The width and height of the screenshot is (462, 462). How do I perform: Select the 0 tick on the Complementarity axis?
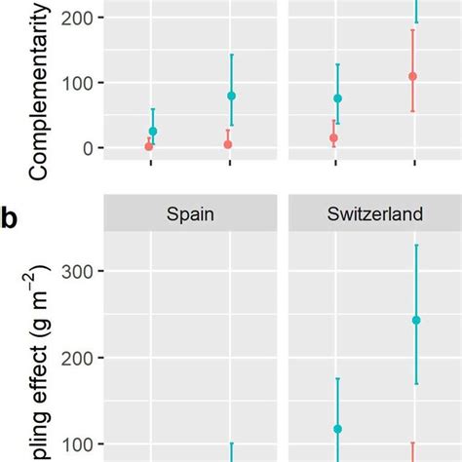(x=87, y=148)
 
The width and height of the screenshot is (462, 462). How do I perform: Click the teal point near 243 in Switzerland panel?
(x=416, y=320)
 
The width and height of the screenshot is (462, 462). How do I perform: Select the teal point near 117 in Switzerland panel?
(x=338, y=429)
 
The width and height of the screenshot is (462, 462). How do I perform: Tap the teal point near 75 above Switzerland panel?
(x=338, y=98)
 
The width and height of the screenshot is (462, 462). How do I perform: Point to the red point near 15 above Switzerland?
(x=333, y=138)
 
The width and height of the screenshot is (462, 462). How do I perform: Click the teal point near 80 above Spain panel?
(x=231, y=96)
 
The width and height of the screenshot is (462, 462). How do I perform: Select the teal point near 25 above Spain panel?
(x=153, y=131)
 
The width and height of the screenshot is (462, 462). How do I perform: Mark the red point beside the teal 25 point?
(x=148, y=146)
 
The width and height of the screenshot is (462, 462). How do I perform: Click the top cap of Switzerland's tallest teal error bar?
(x=416, y=245)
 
